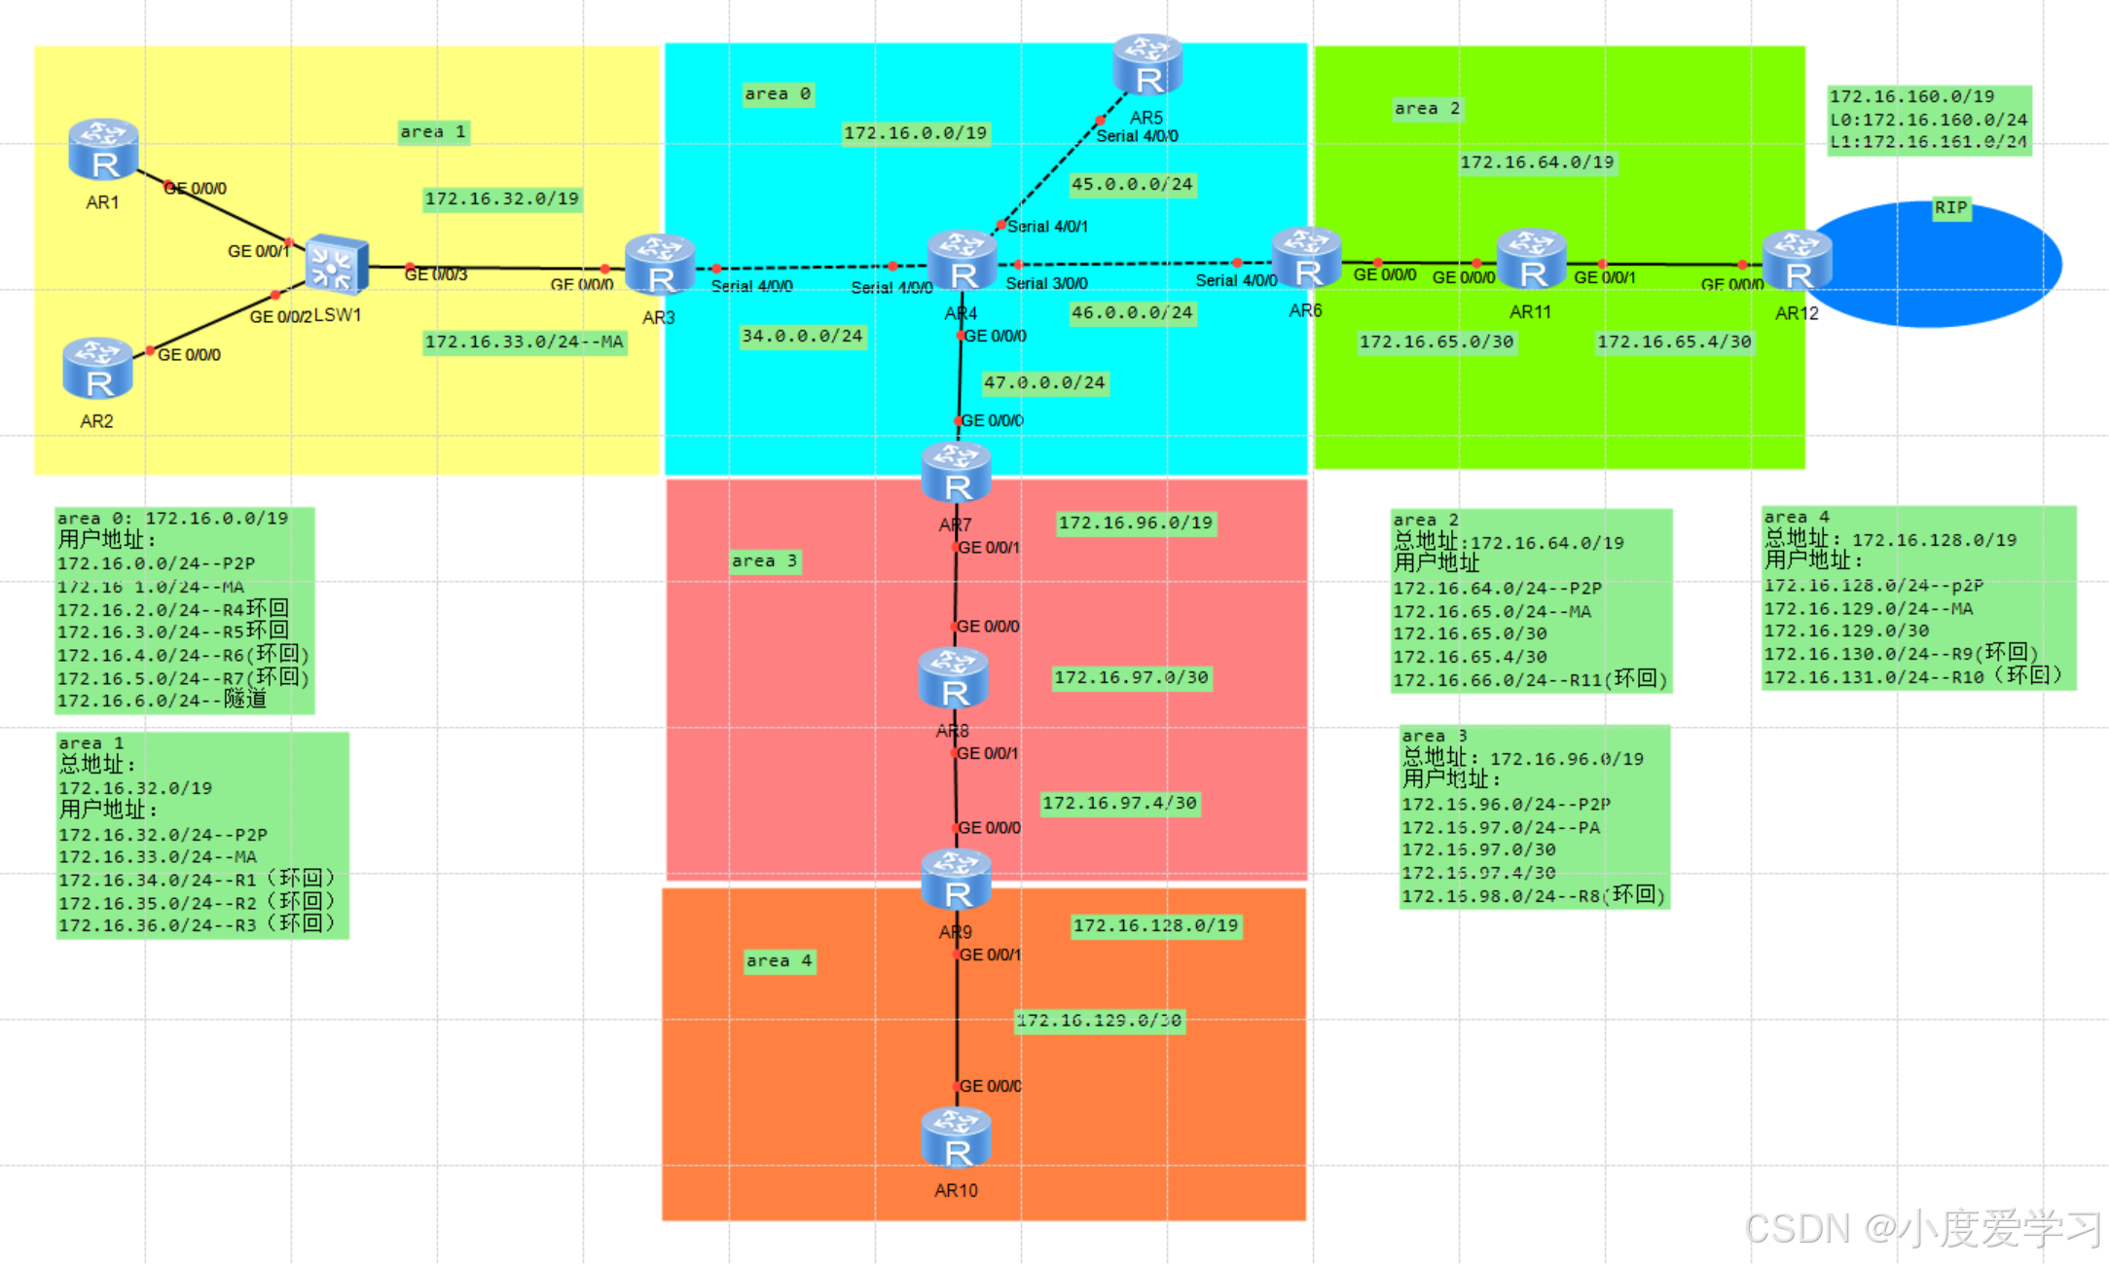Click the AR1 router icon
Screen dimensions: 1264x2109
pyautogui.click(x=103, y=150)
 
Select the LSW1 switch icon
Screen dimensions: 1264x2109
pyautogui.click(x=336, y=264)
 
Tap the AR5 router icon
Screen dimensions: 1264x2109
pyautogui.click(x=1147, y=64)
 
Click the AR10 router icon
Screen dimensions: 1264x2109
pyautogui.click(x=956, y=1138)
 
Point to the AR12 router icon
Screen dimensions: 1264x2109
pyautogui.click(x=1797, y=261)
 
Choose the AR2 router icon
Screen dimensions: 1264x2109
pyautogui.click(x=97, y=369)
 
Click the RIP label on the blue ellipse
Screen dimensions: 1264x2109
pyautogui.click(x=1950, y=208)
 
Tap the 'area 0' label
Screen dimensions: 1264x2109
pyautogui.click(x=777, y=94)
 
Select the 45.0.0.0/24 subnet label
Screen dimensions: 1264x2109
pyautogui.click(x=1131, y=184)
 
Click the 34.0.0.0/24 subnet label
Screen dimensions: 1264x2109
pyautogui.click(x=802, y=336)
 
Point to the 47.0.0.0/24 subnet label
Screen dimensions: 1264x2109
pyautogui.click(x=1044, y=382)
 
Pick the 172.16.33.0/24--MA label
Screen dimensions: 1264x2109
pyautogui.click(x=524, y=342)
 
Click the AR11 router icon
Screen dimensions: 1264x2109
pyautogui.click(x=1531, y=260)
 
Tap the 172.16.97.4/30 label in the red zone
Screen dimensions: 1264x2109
pyautogui.click(x=1119, y=803)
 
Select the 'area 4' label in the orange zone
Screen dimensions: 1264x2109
pyautogui.click(x=779, y=960)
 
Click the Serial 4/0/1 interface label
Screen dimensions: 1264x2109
pyautogui.click(x=1047, y=227)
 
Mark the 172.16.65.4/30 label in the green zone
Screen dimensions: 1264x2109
pyautogui.click(x=1674, y=342)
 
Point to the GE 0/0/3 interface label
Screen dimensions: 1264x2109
pyautogui.click(x=436, y=274)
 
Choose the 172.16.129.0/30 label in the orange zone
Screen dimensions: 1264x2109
pyautogui.click(x=1099, y=1020)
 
